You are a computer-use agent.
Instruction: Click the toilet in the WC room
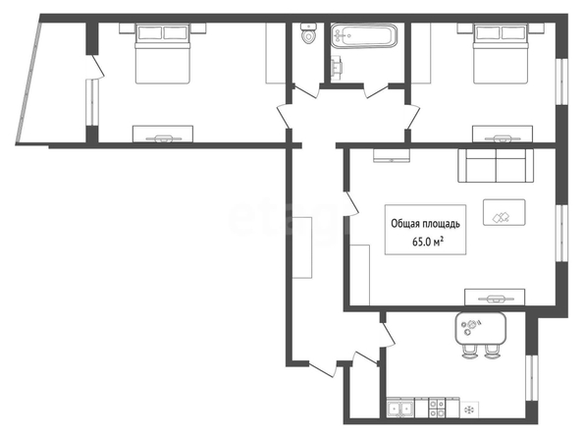pyautogui.click(x=308, y=32)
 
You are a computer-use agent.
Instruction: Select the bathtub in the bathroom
pyautogui.click(x=364, y=35)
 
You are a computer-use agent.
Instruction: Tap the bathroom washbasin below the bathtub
pyautogui.click(x=337, y=68)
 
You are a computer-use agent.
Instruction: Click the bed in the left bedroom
pyautogui.click(x=163, y=54)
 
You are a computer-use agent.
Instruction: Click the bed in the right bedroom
pyautogui.click(x=501, y=54)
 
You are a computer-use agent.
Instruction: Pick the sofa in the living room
pyautogui.click(x=496, y=166)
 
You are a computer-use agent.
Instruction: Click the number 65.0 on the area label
pyautogui.click(x=421, y=243)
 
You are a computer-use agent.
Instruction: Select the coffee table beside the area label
pyautogui.click(x=504, y=212)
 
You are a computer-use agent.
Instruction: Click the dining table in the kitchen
pyautogui.click(x=480, y=328)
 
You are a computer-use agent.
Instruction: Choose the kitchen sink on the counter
pyautogui.click(x=400, y=409)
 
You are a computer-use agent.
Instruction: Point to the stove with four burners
pyautogui.click(x=437, y=408)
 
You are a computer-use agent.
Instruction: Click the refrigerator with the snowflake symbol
pyautogui.click(x=469, y=410)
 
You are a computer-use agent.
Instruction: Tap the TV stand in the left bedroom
pyautogui.click(x=163, y=134)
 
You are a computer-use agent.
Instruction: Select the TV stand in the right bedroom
pyautogui.click(x=503, y=134)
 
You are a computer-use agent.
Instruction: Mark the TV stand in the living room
pyautogui.click(x=495, y=298)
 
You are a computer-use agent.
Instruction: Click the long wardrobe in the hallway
pyautogui.click(x=302, y=247)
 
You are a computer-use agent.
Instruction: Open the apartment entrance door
pyautogui.click(x=322, y=368)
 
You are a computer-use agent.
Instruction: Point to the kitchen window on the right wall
pyautogui.click(x=532, y=378)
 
